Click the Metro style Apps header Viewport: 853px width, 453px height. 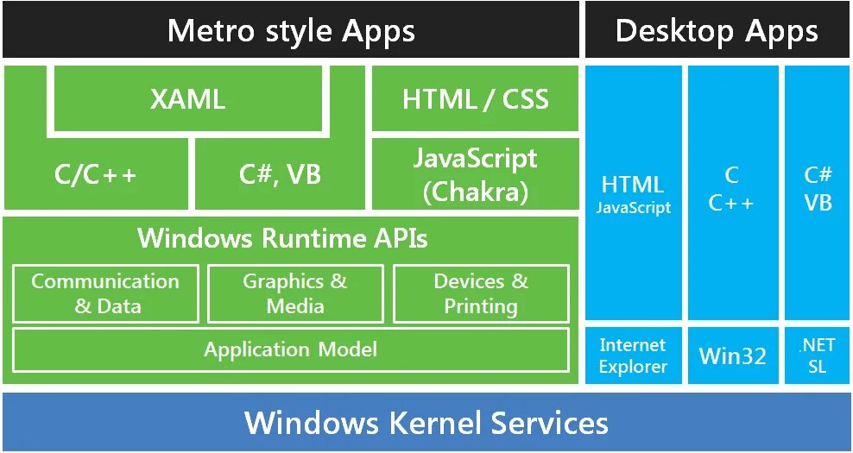[291, 31]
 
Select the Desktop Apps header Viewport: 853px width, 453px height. [717, 31]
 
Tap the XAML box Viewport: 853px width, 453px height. [187, 99]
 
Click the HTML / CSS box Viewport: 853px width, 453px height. [475, 99]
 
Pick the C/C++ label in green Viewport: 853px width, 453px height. [95, 175]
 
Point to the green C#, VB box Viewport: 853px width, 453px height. [280, 175]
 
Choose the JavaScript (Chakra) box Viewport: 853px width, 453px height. [475, 174]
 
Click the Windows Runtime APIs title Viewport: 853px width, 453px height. [282, 237]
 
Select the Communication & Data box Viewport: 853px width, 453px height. [105, 293]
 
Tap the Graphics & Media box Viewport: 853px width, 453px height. [295, 293]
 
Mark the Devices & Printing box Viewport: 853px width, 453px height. [481, 293]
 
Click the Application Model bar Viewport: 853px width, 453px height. [290, 349]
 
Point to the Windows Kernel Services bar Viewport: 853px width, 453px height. [426, 423]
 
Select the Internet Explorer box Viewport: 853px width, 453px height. [633, 355]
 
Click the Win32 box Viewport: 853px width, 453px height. [733, 355]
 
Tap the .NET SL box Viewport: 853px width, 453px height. [817, 355]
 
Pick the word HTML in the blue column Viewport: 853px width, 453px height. [633, 185]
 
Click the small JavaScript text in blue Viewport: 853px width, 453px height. [633, 208]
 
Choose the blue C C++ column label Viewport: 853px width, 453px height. [732, 189]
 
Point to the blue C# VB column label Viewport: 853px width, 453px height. [818, 189]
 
